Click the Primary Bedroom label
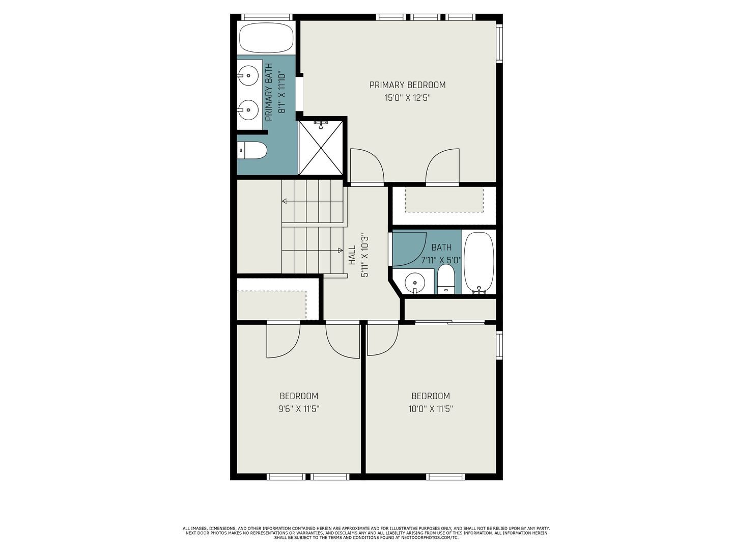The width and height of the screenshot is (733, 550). click(x=407, y=85)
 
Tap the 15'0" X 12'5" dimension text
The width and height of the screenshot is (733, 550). click(x=407, y=98)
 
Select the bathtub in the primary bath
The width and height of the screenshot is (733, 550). click(x=267, y=38)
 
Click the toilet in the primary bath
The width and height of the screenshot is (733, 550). click(x=253, y=150)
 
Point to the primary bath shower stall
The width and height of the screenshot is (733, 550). click(x=321, y=148)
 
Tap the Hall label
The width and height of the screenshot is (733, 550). click(x=352, y=256)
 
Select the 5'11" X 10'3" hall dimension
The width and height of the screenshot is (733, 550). click(x=364, y=256)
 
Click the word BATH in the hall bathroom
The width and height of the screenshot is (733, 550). click(x=441, y=248)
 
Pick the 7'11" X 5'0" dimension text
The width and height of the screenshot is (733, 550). click(x=441, y=260)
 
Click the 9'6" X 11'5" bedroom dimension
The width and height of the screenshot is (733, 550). click(x=299, y=409)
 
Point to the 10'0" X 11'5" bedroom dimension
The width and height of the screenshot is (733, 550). click(x=431, y=409)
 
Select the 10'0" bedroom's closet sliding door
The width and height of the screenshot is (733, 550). click(x=450, y=322)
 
